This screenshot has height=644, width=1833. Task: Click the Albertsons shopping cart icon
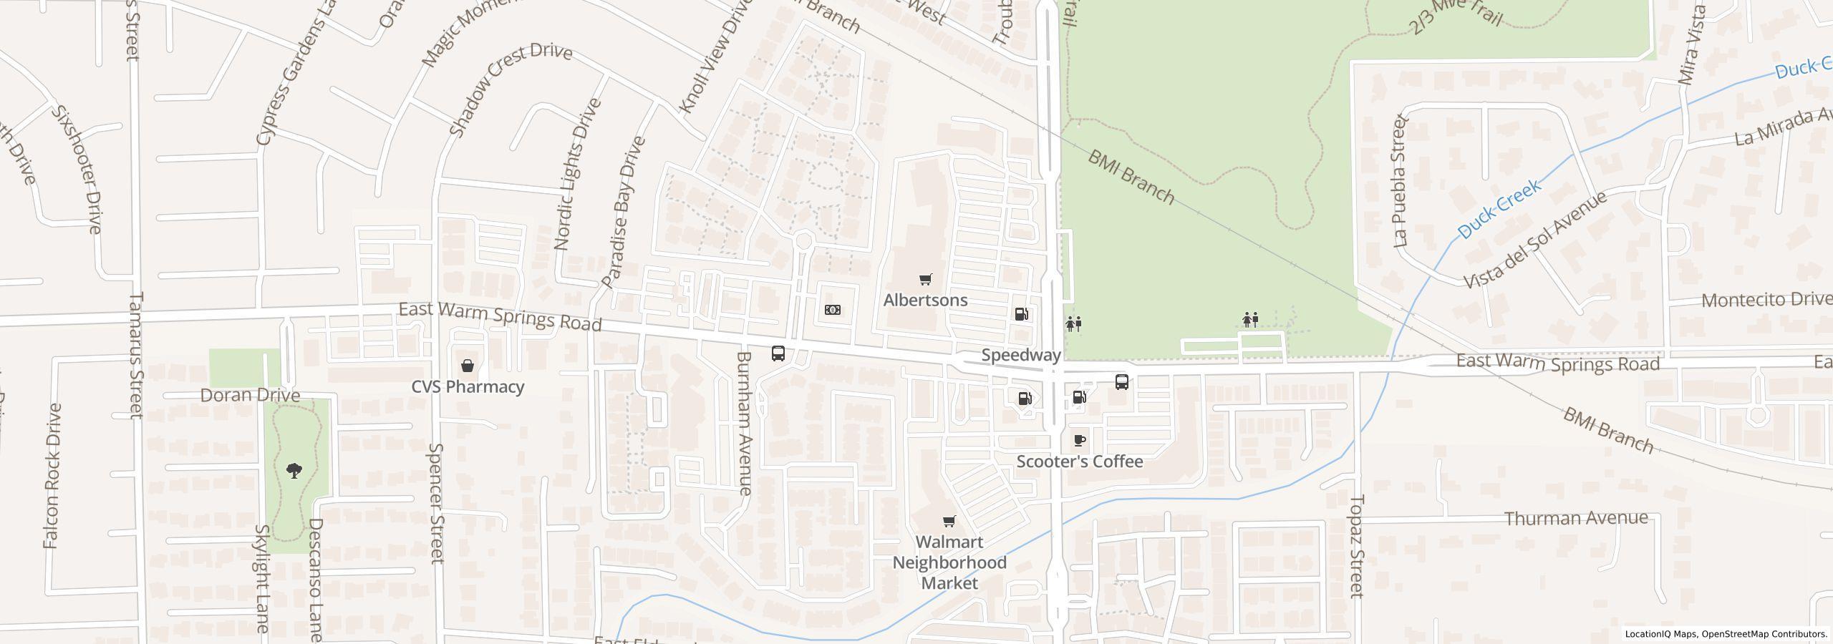coord(925,279)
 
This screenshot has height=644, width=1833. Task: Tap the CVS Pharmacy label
coord(468,386)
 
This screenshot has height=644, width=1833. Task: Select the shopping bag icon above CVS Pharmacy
coord(467,366)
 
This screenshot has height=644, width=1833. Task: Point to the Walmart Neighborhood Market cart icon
coord(949,521)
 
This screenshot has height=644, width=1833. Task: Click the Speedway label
coord(1020,355)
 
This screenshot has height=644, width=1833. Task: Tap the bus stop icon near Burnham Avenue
coord(778,353)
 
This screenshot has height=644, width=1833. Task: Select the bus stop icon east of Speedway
coord(1121,381)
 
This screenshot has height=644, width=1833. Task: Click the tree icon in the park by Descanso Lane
coord(294,470)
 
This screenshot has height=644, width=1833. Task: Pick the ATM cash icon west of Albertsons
coord(832,310)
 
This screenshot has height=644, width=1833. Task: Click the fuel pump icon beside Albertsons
coord(1021,313)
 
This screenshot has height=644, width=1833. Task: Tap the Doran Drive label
coord(250,395)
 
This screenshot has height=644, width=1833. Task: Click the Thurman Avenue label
coord(1576,518)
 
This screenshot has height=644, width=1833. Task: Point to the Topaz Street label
coord(1357,545)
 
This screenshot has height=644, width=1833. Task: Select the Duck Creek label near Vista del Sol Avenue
coord(1498,209)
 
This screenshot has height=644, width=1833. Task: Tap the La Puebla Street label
coord(1401,181)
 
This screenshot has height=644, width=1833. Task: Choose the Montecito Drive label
coord(1764,300)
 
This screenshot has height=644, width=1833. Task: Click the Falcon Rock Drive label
coord(52,476)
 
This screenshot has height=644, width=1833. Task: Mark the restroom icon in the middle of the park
coord(1250,319)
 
